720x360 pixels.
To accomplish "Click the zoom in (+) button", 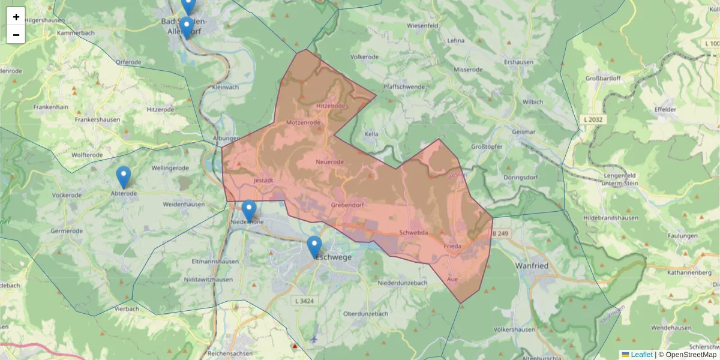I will coord(16,16).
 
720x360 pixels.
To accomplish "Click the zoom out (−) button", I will coord(16,35).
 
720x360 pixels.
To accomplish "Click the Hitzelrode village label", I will coord(331,106).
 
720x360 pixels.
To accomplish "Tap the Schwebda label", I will coord(413,232).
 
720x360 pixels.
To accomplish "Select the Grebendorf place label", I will coord(348,206).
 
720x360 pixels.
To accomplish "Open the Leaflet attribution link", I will coord(641,355).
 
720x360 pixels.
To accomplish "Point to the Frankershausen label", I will coord(97,119).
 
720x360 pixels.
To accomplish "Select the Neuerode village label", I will coord(329,162).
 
